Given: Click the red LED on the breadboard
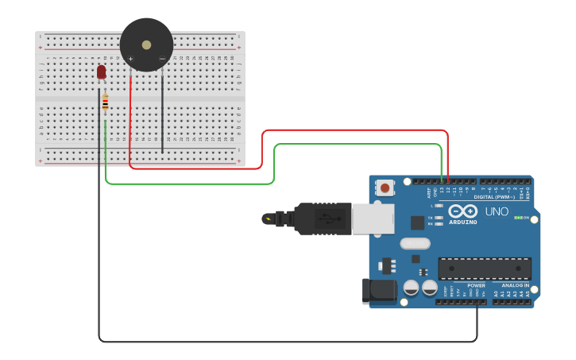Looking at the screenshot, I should pos(101,72).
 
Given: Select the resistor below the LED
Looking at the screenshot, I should pos(105,102).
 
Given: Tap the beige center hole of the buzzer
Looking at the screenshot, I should pos(146,45).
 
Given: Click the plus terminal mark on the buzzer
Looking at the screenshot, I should pos(131,59).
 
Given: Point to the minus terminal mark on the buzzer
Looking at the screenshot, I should pos(162,59).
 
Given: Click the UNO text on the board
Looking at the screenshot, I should pos(497,211).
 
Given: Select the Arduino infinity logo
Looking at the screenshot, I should pos(462,211).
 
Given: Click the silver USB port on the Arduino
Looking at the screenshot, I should pos(372,219).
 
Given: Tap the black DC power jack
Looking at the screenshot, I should pos(379,291).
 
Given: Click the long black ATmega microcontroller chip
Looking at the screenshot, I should pos(485,269).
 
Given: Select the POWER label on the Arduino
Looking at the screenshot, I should pos(476,285).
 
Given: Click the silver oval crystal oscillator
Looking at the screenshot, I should pos(415,244).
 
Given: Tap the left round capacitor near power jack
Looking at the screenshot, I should pos(412,288).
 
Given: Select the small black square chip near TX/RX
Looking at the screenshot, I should pos(417,223).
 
